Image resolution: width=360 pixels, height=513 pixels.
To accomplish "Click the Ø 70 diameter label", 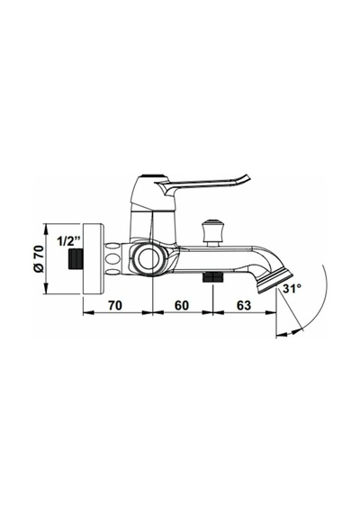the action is coord(39,258).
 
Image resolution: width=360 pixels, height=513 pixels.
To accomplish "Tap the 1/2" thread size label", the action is coord(68,241).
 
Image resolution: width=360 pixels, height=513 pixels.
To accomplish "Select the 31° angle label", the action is coord(292,289).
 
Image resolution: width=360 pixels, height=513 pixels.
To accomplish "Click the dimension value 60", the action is coord(182,305).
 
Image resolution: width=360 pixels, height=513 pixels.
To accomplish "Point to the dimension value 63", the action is coord(244,305).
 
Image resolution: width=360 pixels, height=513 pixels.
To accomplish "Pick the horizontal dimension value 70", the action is coord(115,305).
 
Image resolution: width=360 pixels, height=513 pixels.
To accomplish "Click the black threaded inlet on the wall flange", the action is coord(76,258).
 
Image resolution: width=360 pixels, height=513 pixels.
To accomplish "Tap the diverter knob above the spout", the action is coord(212,232).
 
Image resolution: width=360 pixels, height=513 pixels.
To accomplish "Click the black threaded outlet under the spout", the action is coord(213,277).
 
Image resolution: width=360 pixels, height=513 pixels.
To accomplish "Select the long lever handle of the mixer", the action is coord(202,184).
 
